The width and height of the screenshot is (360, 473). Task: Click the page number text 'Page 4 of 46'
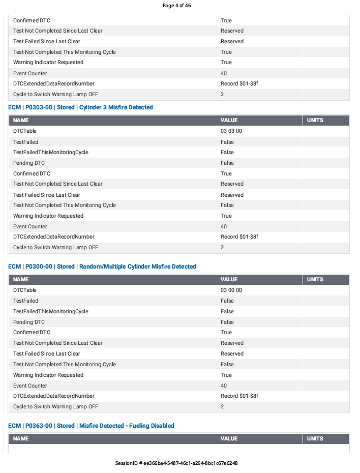pos(176,6)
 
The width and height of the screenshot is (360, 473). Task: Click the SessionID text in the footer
pos(176,463)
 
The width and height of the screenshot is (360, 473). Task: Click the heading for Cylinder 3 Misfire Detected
pos(80,107)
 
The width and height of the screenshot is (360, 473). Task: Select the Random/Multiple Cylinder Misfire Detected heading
pos(102,267)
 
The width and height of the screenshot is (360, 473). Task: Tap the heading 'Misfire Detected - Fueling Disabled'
pos(91,426)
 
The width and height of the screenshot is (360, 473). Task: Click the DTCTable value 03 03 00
pos(231,131)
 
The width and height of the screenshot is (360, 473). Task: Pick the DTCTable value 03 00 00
pos(231,290)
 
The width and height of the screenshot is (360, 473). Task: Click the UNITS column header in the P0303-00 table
pos(315,121)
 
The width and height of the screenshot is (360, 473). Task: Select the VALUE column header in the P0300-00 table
pos(229,280)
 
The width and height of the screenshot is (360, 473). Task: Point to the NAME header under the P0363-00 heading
pos(21,438)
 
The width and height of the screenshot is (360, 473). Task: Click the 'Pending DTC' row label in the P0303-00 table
pos(29,163)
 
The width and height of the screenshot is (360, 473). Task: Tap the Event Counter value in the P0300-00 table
pos(224,386)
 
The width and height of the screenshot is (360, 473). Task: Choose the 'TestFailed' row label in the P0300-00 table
pos(25,301)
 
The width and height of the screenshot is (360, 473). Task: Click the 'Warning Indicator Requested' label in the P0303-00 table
pos(48,216)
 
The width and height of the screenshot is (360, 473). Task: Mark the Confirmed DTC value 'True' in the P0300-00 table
pos(226,333)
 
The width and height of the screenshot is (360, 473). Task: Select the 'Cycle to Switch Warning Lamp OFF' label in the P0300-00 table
pos(55,407)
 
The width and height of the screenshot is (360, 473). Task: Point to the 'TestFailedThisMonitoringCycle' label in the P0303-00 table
pos(51,153)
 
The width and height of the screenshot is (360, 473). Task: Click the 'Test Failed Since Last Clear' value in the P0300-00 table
pos(232,354)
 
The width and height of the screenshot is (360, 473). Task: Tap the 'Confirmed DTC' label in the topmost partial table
pos(32,21)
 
